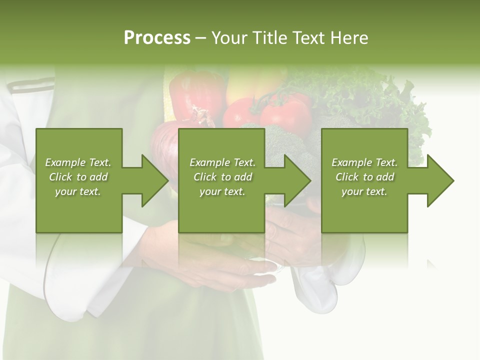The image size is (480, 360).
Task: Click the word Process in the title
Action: coord(157,38)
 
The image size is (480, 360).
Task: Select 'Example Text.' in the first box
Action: coord(78,162)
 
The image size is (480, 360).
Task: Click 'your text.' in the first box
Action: coord(78,191)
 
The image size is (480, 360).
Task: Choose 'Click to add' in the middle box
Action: coord(222,177)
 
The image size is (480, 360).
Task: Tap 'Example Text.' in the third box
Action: coord(364,162)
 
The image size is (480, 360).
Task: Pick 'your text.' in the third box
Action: coord(364,191)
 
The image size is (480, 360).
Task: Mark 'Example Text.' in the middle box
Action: coord(222,162)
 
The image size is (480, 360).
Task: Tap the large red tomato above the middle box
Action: coord(285,112)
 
